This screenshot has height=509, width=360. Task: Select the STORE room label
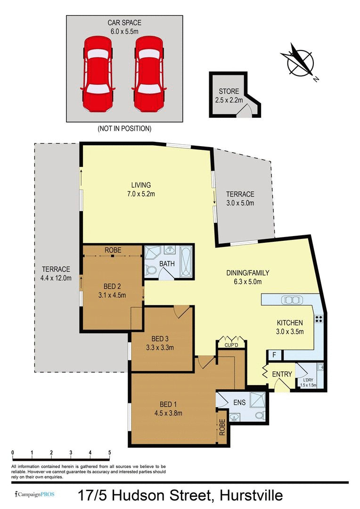pos(229,91)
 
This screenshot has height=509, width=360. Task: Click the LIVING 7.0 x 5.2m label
pos(141,189)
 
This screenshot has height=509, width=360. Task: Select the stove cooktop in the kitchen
pos(319,319)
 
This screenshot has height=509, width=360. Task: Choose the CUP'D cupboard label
pos(229,345)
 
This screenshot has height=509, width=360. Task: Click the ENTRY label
pos(282,374)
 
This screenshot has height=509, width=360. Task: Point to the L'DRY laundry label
pos(308,380)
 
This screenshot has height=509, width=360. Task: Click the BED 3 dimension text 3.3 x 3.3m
pos(160,348)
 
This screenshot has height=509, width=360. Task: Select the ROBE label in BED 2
pos(113,250)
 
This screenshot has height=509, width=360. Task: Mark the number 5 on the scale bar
pos(110,452)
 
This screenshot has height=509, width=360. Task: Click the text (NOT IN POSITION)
pos(124,128)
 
